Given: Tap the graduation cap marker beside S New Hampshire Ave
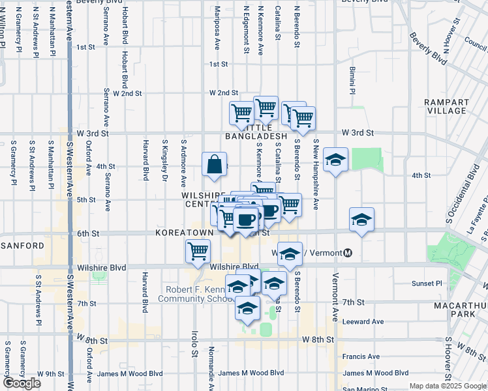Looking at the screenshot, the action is pyautogui.click(x=335, y=160).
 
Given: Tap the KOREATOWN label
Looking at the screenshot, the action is pyautogui.click(x=180, y=233).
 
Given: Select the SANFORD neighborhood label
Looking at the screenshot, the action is pyautogui.click(x=22, y=246).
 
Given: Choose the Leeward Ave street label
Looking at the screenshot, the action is pyautogui.click(x=363, y=321).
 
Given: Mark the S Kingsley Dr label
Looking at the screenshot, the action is pyautogui.click(x=164, y=160).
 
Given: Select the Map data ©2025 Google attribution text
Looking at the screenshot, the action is pyautogui.click(x=447, y=386).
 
